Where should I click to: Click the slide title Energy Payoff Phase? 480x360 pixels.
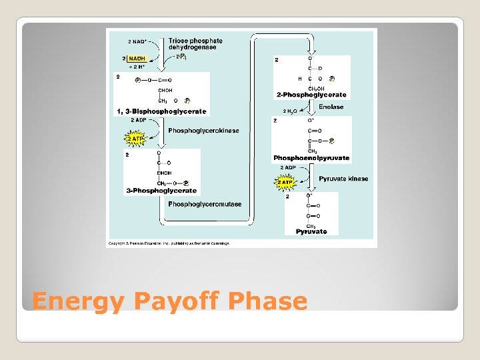point(169,301)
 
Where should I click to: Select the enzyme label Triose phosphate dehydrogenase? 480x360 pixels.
point(195,44)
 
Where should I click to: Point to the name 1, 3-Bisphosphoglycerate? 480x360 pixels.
point(162,111)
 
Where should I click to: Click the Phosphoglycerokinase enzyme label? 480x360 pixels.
point(203,131)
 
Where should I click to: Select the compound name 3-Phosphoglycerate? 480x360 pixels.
point(161,191)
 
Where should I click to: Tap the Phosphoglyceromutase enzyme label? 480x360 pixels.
point(205,204)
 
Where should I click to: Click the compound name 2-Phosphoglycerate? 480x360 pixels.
point(310,95)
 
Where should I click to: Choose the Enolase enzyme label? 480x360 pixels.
point(331,107)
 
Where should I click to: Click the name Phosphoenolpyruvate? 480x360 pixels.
point(311,159)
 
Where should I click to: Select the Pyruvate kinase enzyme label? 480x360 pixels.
point(343,179)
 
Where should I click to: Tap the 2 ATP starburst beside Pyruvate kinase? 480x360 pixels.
point(285,182)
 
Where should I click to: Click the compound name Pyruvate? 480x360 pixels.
point(311,231)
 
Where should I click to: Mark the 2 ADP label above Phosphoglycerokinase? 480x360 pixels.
point(140,120)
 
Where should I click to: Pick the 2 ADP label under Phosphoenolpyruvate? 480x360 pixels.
point(289,168)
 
